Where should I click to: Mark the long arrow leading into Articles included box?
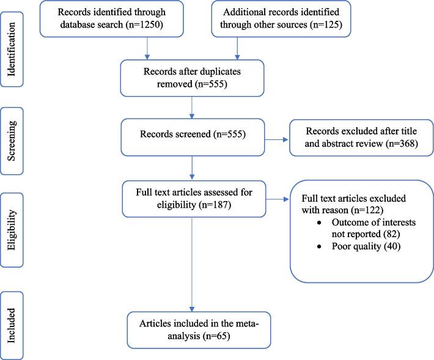pyautogui.click(x=192, y=263)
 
